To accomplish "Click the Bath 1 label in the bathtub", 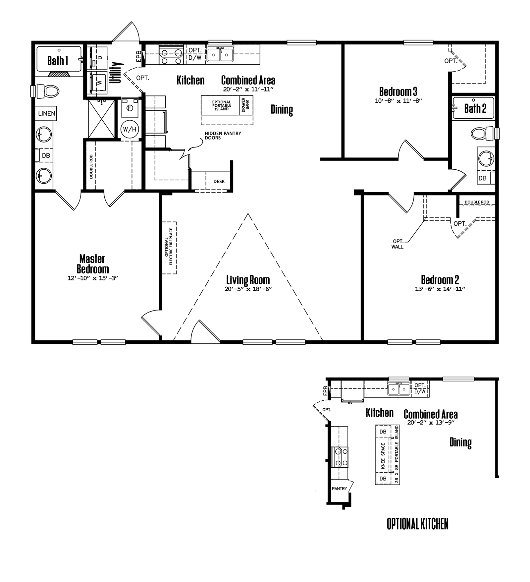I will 58,61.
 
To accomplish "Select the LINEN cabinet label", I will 47,113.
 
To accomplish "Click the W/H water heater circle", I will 130,129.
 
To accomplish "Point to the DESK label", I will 219,181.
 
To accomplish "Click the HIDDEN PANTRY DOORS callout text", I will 223,135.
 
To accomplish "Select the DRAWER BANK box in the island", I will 246,105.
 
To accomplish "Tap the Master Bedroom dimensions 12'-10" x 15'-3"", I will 93,278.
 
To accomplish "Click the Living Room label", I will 248,280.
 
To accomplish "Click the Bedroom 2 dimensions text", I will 440,289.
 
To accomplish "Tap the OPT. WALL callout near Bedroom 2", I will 397,244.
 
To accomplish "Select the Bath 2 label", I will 475,108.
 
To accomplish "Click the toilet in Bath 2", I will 482,134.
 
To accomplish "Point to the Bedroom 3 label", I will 398,91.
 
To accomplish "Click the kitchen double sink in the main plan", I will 220,55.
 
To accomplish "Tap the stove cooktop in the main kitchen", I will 172,55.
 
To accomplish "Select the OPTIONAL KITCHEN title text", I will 417,524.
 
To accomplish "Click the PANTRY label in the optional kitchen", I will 339,489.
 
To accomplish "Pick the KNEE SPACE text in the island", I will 383,456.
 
